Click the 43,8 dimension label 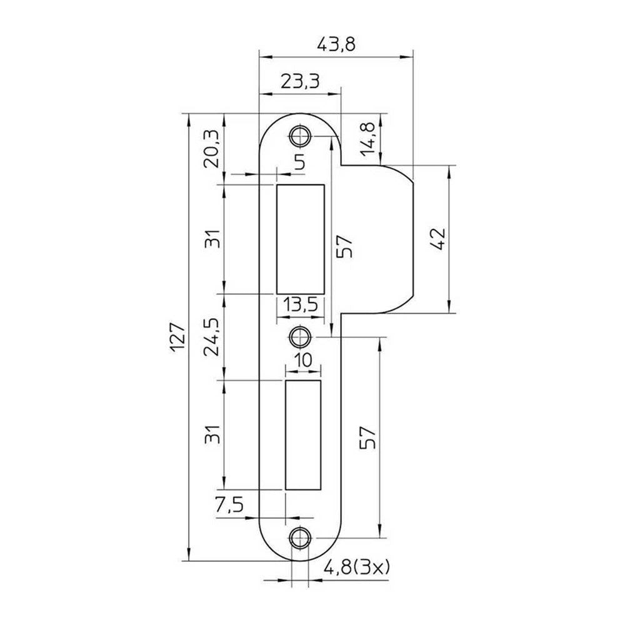pyautogui.click(x=336, y=44)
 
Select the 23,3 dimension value pyautogui.click(x=300, y=81)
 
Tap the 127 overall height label pyautogui.click(x=177, y=338)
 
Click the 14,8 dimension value pyautogui.click(x=367, y=139)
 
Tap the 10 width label pyautogui.click(x=304, y=361)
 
